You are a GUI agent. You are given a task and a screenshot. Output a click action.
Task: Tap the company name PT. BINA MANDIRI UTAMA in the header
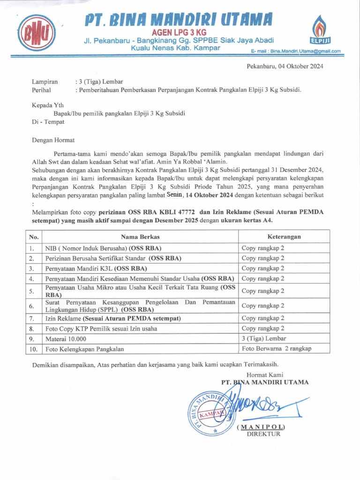(179, 20)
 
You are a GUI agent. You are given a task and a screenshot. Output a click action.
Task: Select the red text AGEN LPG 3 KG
(179, 32)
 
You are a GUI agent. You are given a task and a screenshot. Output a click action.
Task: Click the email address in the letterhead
(296, 51)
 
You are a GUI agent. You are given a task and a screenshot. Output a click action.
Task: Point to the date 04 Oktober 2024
(300, 66)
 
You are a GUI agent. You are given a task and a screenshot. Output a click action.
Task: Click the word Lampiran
(45, 81)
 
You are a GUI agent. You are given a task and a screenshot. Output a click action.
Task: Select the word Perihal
(41, 90)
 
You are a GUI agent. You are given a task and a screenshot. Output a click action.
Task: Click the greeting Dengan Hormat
(53, 140)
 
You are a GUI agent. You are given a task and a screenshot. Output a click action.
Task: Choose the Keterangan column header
(284, 237)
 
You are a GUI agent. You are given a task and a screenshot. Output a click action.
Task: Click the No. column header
(34, 237)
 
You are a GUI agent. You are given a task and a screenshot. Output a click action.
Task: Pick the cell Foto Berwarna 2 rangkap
(276, 349)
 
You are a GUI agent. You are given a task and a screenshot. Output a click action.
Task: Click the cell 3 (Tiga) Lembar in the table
(263, 338)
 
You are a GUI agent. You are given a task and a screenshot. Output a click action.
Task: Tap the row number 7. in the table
(32, 318)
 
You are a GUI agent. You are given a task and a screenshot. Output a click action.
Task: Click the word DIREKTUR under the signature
(263, 434)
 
